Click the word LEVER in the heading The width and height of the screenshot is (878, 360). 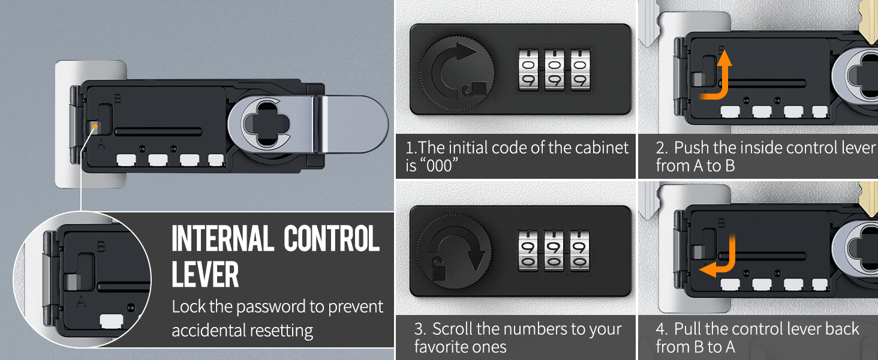tap(205, 274)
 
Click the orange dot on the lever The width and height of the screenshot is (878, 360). tap(95, 126)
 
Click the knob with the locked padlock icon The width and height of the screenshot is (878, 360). tap(457, 73)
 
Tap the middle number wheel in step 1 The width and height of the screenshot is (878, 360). tap(554, 70)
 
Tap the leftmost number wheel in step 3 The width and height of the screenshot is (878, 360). tap(528, 251)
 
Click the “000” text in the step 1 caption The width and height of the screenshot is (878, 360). tap(438, 166)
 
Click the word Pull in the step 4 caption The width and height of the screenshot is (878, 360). tap(688, 329)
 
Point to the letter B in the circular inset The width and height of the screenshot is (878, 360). tap(101, 247)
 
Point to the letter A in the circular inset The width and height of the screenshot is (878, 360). tap(81, 302)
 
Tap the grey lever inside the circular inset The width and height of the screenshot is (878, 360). tap(73, 282)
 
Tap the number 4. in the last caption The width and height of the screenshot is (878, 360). tap(661, 329)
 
